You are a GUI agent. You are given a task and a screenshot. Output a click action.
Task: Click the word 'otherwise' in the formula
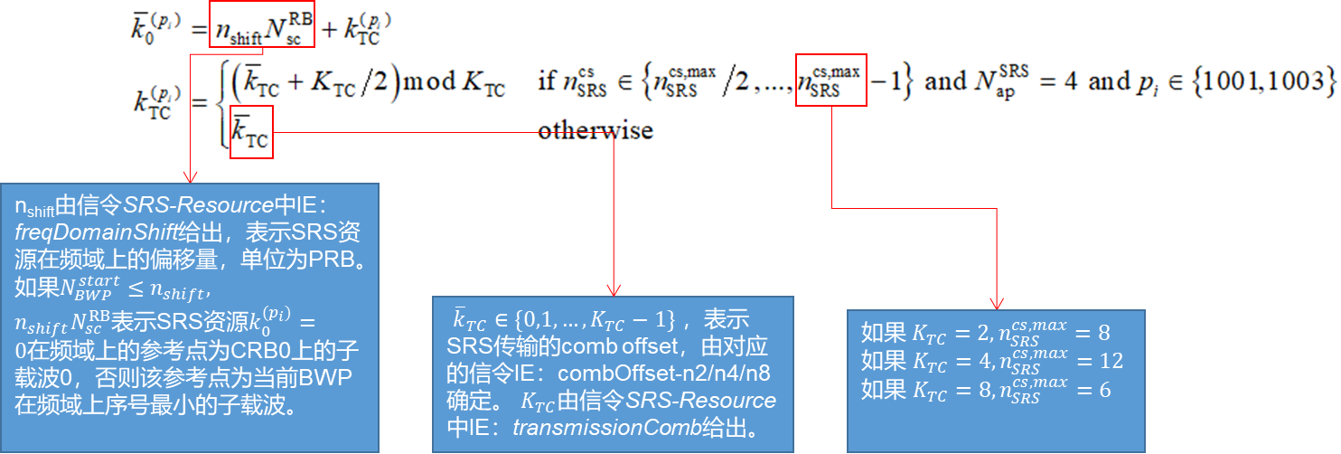point(595,130)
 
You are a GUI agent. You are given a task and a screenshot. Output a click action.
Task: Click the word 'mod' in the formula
point(429,82)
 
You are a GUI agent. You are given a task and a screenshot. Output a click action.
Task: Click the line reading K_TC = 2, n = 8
point(985,332)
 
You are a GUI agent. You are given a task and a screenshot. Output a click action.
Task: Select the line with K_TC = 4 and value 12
point(991,361)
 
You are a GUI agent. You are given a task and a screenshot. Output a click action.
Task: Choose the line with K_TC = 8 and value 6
point(985,390)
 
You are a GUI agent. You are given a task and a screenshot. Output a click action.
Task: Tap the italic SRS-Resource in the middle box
point(701,401)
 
